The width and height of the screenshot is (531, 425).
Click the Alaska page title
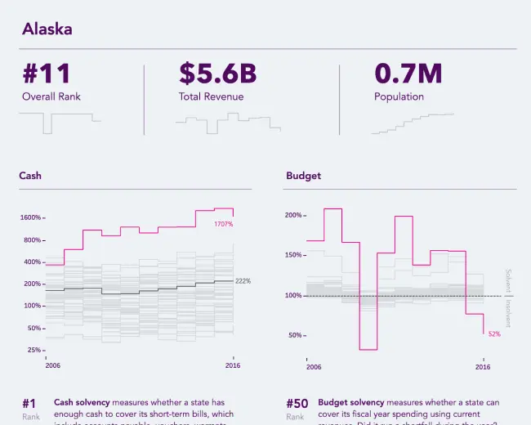(x=47, y=29)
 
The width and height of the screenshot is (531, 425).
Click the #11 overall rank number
(x=47, y=74)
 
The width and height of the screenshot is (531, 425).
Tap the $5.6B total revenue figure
(x=217, y=74)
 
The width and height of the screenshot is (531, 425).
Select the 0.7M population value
(x=408, y=74)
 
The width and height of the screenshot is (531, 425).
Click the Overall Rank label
(x=51, y=96)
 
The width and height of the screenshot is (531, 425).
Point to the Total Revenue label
(x=211, y=96)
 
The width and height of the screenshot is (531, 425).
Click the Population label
(x=399, y=96)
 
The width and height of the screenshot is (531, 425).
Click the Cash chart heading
(x=30, y=176)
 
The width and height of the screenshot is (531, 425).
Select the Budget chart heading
(x=303, y=176)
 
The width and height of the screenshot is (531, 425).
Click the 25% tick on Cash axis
(x=33, y=350)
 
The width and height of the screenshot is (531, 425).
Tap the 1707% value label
(x=223, y=224)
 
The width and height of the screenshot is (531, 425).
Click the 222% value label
(x=243, y=281)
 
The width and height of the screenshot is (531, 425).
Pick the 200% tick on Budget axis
(x=292, y=216)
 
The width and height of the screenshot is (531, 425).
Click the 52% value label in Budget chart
(x=494, y=333)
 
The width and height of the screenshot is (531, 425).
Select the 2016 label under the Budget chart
(x=483, y=367)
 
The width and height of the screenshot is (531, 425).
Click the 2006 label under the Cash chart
(x=52, y=365)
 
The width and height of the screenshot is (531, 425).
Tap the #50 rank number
(x=297, y=404)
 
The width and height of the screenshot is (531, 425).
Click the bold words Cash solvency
(x=82, y=403)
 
